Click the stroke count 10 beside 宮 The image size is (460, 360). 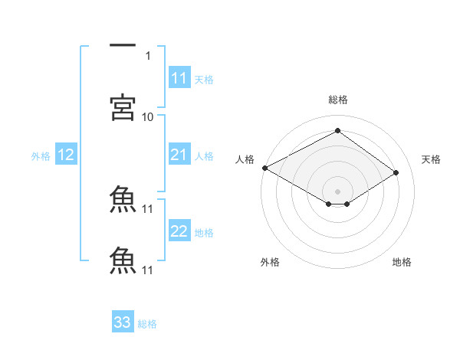[x=148, y=116]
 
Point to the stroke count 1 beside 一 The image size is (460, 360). [x=148, y=55]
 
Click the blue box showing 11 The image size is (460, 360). [x=179, y=79]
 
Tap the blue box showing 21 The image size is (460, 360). [x=179, y=155]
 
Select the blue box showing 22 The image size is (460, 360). [x=179, y=232]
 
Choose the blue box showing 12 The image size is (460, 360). [x=66, y=155]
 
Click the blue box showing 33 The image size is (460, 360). [x=123, y=322]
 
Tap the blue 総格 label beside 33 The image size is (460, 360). [x=148, y=324]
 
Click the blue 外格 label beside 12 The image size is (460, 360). [x=41, y=156]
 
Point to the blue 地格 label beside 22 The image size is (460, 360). [x=204, y=233]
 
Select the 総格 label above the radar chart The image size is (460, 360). [x=337, y=100]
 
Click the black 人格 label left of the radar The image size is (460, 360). [x=245, y=159]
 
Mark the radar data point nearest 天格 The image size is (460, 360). [x=396, y=172]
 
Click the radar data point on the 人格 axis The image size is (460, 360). [x=264, y=168]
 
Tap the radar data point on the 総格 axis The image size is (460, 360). [x=337, y=131]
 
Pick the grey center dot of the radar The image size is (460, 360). [x=337, y=191]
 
